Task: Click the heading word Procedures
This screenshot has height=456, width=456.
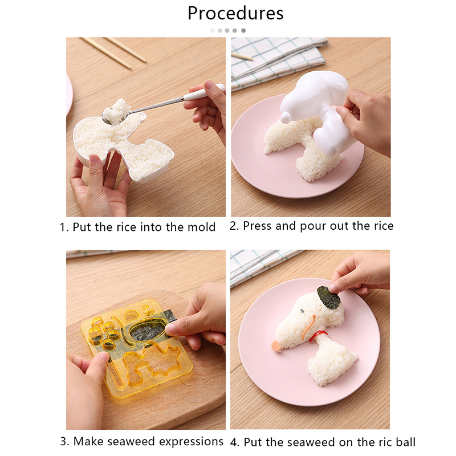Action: (235, 13)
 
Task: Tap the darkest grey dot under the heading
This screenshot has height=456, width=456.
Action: (243, 31)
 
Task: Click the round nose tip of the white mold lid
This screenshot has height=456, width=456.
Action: (286, 117)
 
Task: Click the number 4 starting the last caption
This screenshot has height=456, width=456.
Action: (234, 442)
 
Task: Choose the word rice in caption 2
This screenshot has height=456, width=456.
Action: (382, 226)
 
